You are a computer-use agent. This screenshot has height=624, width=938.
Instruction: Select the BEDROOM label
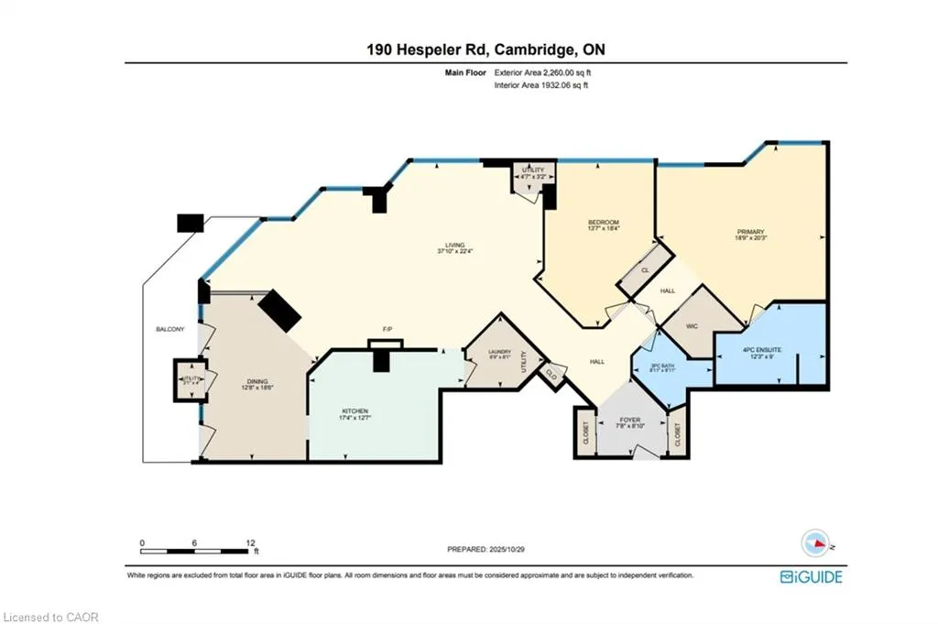603,223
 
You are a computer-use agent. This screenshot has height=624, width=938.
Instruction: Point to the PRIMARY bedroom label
750,232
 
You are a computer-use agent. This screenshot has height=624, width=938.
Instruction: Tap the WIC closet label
693,323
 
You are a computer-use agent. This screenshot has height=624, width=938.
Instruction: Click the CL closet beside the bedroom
645,271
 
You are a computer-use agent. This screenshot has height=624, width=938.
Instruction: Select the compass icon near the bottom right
813,543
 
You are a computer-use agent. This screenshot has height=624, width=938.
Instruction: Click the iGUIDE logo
811,576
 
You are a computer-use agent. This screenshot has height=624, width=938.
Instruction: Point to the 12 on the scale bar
249,542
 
